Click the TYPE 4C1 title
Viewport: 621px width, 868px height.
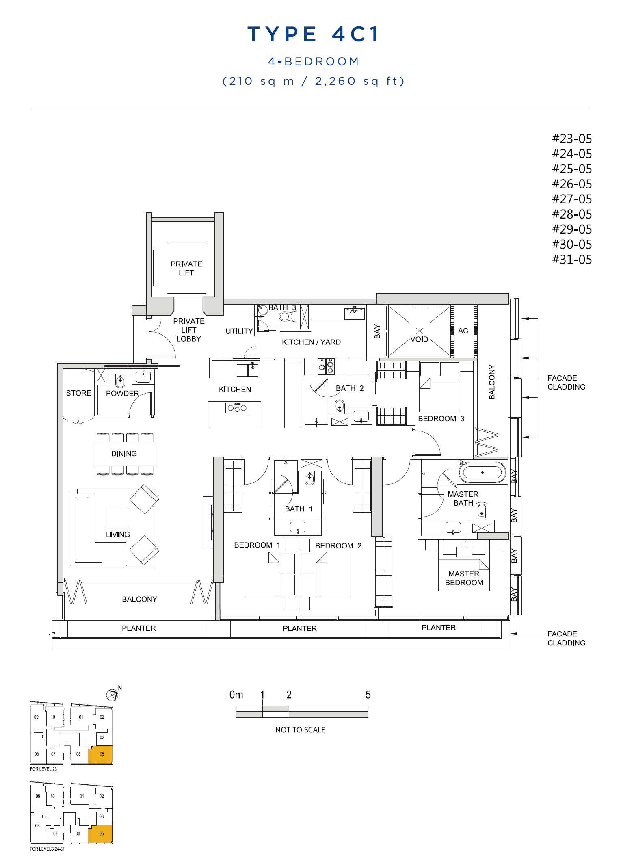click(x=313, y=34)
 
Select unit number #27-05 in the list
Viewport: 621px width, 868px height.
click(x=572, y=199)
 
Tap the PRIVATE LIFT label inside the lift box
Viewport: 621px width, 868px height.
click(x=186, y=268)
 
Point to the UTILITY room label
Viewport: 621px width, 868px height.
click(x=239, y=331)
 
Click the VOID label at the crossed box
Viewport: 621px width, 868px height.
click(x=419, y=339)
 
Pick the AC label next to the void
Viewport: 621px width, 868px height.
click(x=463, y=331)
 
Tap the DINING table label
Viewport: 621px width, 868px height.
click(x=124, y=453)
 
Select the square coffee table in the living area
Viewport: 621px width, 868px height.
click(x=117, y=517)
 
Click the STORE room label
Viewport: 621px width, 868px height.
click(x=79, y=393)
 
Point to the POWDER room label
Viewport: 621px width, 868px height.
click(x=122, y=393)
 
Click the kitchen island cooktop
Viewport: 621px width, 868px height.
click(x=237, y=408)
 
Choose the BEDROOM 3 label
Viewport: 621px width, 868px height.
click(x=441, y=418)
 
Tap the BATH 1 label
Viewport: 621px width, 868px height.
click(x=299, y=509)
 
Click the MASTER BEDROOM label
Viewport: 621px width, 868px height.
click(x=464, y=578)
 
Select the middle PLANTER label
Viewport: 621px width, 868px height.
click(x=300, y=628)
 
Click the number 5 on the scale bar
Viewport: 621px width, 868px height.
click(x=368, y=695)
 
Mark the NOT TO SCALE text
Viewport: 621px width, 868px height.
click(x=300, y=729)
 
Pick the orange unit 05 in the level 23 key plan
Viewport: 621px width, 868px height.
click(x=101, y=755)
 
